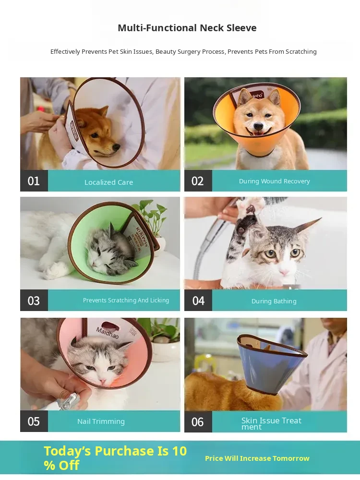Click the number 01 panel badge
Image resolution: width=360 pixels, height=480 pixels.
coord(34,181)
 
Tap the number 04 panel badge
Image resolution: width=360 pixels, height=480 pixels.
coord(198,300)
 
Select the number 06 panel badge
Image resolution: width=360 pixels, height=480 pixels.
coord(198,421)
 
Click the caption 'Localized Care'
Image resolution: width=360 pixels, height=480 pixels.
coord(108,182)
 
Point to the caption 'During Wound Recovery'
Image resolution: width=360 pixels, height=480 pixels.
coord(274,181)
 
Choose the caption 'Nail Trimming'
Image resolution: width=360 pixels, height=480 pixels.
coord(101,421)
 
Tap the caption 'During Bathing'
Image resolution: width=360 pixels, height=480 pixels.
coord(274,301)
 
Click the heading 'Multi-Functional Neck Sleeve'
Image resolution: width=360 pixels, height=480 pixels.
coord(187,28)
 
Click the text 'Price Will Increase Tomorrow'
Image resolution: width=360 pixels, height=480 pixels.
coord(257,458)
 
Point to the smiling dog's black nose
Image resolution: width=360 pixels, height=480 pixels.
coord(259,126)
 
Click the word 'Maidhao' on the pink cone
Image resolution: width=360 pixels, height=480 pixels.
coord(107,333)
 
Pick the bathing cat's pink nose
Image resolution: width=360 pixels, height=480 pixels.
coord(284,272)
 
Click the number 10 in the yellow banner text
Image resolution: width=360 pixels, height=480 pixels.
coord(180,451)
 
